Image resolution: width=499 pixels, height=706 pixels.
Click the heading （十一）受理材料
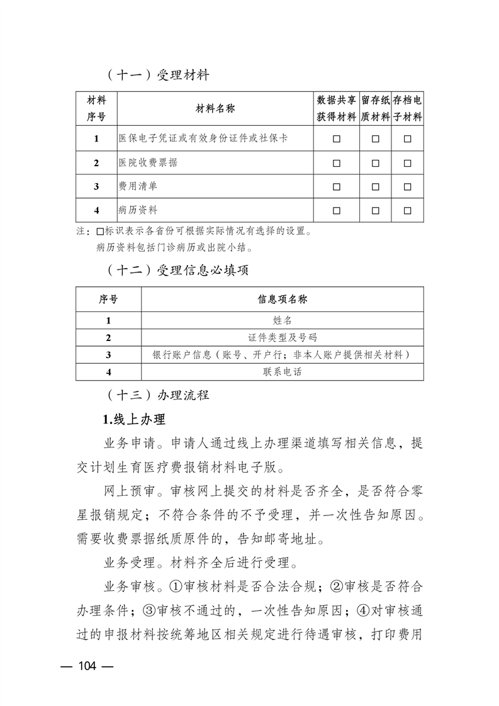coord(157,76)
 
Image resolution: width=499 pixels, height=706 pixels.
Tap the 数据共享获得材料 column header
coord(336,109)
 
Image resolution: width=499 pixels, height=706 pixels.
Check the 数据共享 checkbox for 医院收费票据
coord(336,162)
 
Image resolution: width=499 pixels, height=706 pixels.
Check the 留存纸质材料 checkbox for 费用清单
coord(375,186)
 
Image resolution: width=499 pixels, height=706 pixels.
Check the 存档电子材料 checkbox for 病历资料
coord(407,210)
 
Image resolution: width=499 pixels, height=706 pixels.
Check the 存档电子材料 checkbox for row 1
coord(407,138)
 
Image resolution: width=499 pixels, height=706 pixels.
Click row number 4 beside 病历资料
coord(96,210)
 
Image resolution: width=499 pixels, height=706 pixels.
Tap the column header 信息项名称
coord(283,300)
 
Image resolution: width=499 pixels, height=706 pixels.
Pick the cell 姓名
coord(283,320)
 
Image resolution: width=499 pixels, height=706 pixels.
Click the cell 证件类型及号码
coord(283,337)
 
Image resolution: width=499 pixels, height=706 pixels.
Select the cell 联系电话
coord(283,372)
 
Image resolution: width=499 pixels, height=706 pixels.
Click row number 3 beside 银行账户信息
coord(108,355)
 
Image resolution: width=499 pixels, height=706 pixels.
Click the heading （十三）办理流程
coord(157,396)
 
